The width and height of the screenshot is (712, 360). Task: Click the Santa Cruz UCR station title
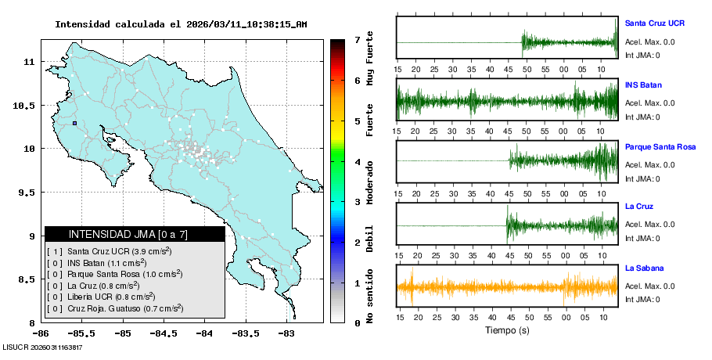click(x=654, y=23)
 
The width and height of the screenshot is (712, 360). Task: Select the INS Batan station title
click(x=644, y=84)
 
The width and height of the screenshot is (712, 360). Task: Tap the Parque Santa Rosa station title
click(x=660, y=146)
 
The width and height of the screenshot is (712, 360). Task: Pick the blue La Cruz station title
click(x=639, y=207)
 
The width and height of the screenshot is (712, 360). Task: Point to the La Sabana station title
click(x=644, y=268)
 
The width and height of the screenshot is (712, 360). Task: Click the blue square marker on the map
click(x=74, y=123)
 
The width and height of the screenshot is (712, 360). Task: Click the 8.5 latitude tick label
click(x=28, y=279)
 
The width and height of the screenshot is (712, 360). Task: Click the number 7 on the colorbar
click(x=357, y=39)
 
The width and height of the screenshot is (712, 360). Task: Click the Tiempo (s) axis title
click(x=508, y=330)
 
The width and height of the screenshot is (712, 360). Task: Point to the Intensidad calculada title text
click(x=181, y=24)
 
